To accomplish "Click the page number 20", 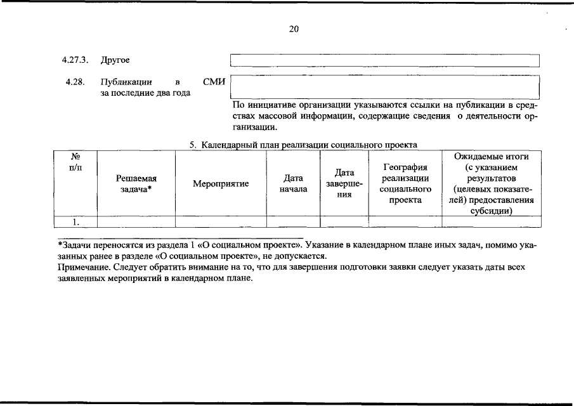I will [294, 29].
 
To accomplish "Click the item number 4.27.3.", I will [74, 60].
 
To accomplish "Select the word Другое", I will [115, 60].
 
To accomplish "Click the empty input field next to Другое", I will [384, 60].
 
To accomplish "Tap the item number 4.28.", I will [74, 82].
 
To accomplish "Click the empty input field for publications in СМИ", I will [384, 86].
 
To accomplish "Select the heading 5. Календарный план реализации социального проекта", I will [303, 145].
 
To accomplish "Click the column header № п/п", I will [75, 161].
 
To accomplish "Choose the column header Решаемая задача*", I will [136, 184].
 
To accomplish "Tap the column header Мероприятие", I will [221, 184].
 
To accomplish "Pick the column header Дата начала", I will [293, 184].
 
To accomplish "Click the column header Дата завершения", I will [344, 184].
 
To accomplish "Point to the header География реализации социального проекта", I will [405, 184].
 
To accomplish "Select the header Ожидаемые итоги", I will [492, 157].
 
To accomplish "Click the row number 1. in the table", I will [75, 221].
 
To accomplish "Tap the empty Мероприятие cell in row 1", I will [221, 221].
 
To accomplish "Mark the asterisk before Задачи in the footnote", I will [59, 244].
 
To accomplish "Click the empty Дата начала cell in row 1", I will [293, 221].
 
